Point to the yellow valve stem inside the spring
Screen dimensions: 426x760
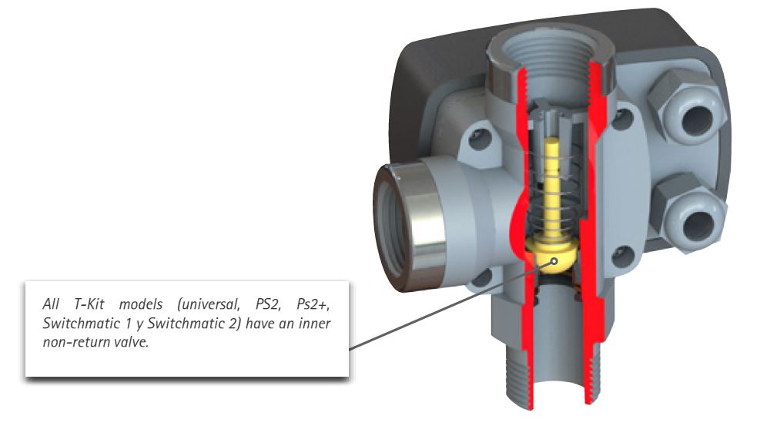(x=553, y=185)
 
